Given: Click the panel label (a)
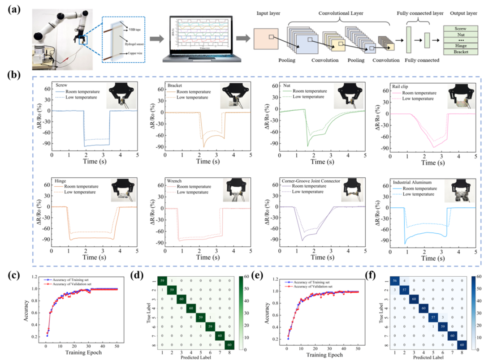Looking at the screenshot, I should [x=13, y=9].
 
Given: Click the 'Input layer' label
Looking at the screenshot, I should [x=268, y=14].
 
